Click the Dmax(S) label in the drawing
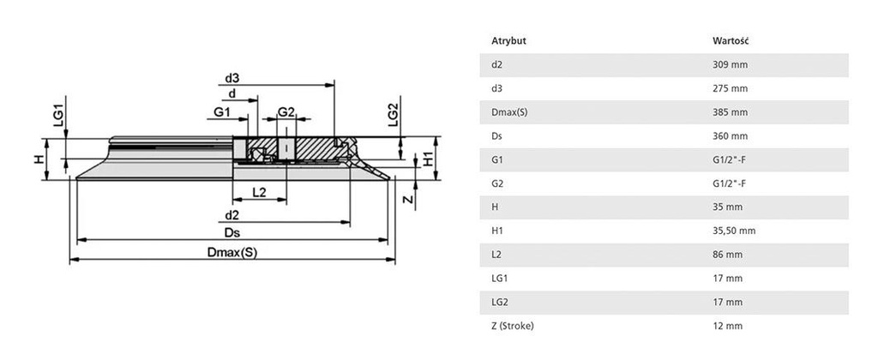point(232,252)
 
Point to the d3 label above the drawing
point(232,78)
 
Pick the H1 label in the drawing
point(427,159)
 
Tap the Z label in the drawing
point(408,200)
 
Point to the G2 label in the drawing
point(286,112)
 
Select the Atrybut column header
point(508,41)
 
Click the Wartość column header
point(731,41)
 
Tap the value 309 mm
point(730,65)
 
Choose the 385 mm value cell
point(730,112)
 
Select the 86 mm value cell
point(727,255)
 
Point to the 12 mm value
point(727,326)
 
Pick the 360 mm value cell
point(730,136)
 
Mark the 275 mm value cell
point(730,89)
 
